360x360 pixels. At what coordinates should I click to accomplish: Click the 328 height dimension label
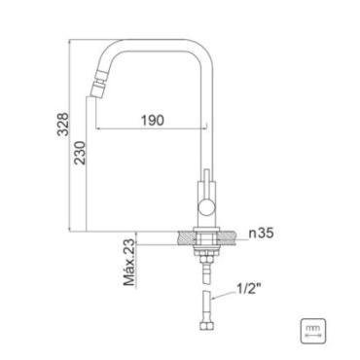click(63, 124)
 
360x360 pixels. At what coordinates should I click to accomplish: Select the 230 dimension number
click(80, 153)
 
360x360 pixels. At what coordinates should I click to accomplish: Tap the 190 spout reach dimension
click(153, 121)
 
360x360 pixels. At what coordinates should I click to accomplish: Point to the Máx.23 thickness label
click(129, 263)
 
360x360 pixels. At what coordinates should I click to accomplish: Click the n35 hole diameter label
click(261, 233)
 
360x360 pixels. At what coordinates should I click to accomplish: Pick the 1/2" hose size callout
click(249, 288)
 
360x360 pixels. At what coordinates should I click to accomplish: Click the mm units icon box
click(313, 331)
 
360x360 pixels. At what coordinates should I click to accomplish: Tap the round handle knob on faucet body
click(206, 207)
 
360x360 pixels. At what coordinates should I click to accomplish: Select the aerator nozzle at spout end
click(98, 84)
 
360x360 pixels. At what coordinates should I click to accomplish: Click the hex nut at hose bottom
click(206, 326)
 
